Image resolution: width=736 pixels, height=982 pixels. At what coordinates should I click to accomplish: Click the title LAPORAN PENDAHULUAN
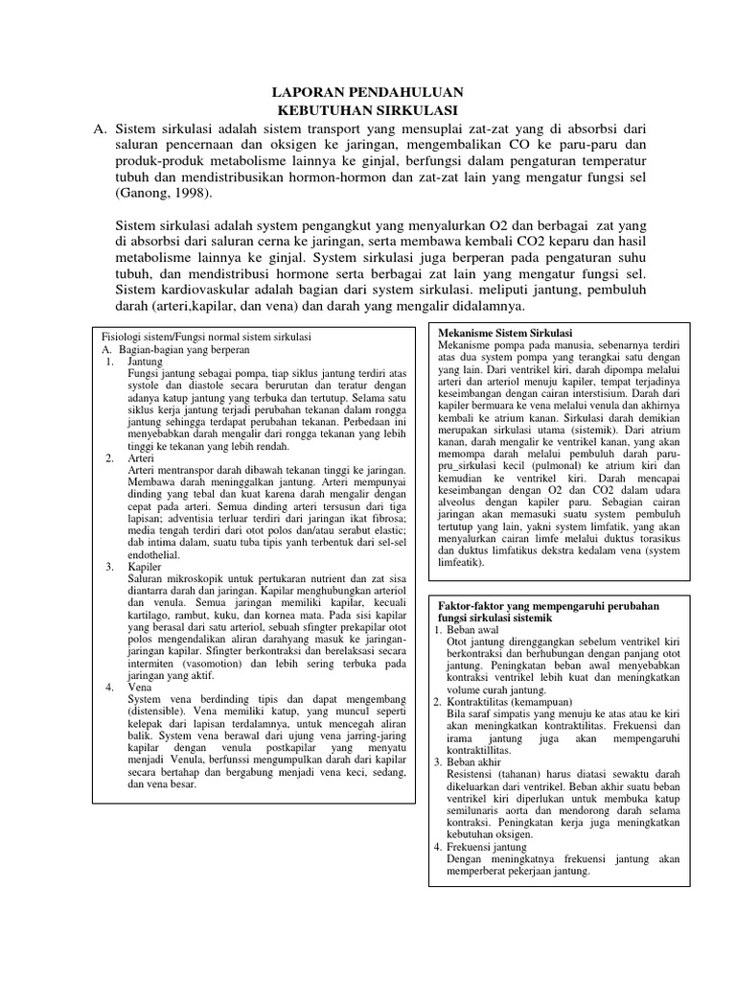pos(363,92)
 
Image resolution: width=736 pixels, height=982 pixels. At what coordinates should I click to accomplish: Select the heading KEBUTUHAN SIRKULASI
pos(363,110)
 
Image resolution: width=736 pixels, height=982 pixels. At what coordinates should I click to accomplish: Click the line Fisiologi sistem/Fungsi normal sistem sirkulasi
pos(207,338)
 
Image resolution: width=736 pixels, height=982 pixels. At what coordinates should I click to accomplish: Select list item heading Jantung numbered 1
pos(145,363)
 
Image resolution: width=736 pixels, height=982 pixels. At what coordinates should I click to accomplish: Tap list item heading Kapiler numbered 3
pos(145,567)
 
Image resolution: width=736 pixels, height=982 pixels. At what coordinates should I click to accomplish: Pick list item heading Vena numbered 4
pos(141,688)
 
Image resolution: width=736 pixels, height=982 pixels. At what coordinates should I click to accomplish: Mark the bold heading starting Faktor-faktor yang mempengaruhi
pos(551,608)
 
